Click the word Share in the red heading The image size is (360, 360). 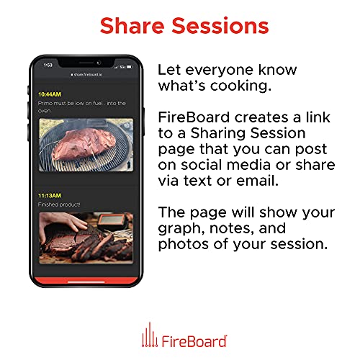(x=132, y=26)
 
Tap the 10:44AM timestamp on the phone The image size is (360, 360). (x=50, y=94)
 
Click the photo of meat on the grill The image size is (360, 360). (x=86, y=145)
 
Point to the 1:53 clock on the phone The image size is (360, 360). (x=48, y=65)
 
